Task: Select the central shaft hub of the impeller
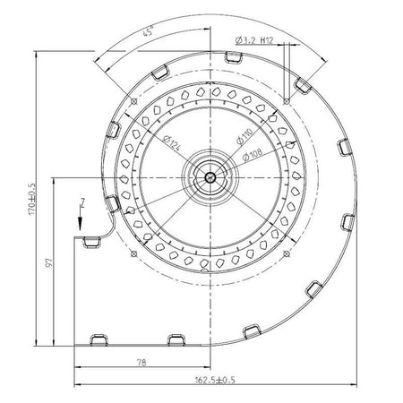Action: pyautogui.click(x=210, y=176)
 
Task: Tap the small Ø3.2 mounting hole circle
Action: pyautogui.click(x=285, y=100)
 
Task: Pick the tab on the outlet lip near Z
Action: pyautogui.click(x=90, y=240)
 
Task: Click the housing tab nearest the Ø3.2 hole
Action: pyautogui.click(x=304, y=85)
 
